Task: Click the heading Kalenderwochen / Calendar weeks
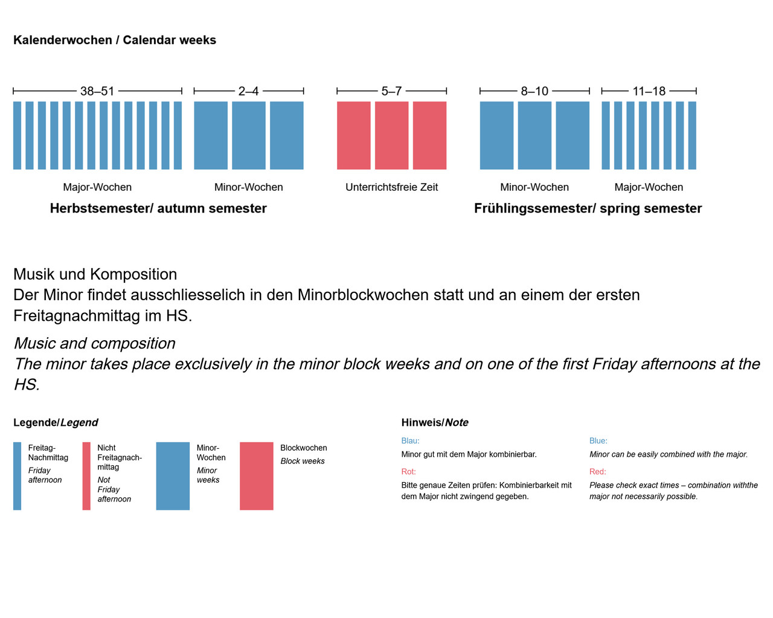click(115, 40)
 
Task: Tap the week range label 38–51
click(97, 91)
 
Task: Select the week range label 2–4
click(248, 91)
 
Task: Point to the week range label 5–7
click(391, 91)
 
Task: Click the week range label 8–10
click(534, 91)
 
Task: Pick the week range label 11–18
click(649, 91)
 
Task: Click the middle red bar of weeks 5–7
click(391, 135)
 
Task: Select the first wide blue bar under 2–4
click(211, 135)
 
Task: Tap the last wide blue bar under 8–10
click(573, 135)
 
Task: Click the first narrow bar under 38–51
click(18, 135)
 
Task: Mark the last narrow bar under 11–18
click(692, 135)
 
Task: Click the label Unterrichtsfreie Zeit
click(391, 187)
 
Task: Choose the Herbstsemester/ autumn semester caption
click(158, 208)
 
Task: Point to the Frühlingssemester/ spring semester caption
click(588, 208)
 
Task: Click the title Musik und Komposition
click(95, 274)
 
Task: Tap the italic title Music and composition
click(94, 343)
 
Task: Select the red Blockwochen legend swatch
click(257, 476)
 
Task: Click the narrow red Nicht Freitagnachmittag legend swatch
click(86, 476)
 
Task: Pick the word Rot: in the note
click(409, 472)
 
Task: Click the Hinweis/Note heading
click(435, 423)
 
